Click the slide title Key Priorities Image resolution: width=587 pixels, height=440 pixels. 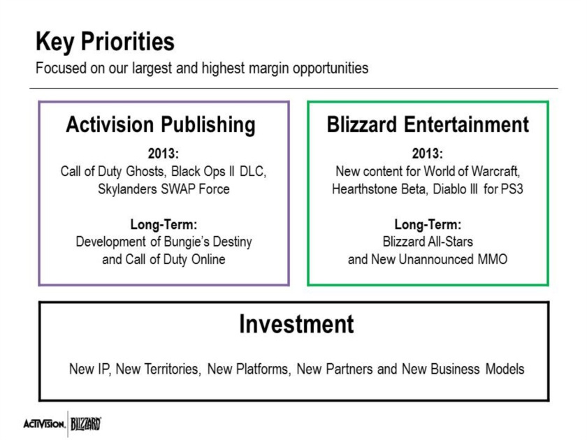pyautogui.click(x=105, y=42)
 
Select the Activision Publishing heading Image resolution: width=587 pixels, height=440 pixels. pyautogui.click(x=161, y=125)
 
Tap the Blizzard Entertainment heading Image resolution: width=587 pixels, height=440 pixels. pyautogui.click(x=428, y=124)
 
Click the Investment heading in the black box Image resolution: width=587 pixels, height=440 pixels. pyautogui.click(x=296, y=324)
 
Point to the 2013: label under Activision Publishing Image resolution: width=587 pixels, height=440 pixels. pyautogui.click(x=164, y=154)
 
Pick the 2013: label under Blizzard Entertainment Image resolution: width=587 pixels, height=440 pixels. pyautogui.click(x=428, y=154)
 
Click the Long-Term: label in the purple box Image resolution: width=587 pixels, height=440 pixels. pyautogui.click(x=164, y=224)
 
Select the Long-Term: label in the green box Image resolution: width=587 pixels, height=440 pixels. pyautogui.click(x=428, y=224)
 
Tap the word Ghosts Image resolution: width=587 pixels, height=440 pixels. pyautogui.click(x=146, y=171)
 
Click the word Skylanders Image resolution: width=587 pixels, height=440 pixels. pyautogui.click(x=127, y=189)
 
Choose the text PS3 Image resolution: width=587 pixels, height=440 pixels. pyautogui.click(x=512, y=189)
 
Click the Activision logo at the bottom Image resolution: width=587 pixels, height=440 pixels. pyautogui.click(x=44, y=425)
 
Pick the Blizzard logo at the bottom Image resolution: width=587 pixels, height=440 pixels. pyautogui.click(x=86, y=424)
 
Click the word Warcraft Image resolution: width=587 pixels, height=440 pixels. pyautogui.click(x=495, y=171)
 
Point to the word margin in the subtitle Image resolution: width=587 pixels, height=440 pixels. pyautogui.click(x=269, y=69)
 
